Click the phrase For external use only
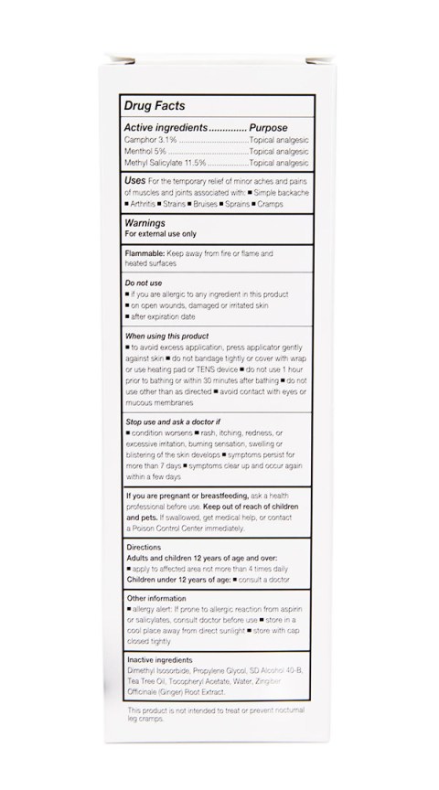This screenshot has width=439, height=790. [x=162, y=233]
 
